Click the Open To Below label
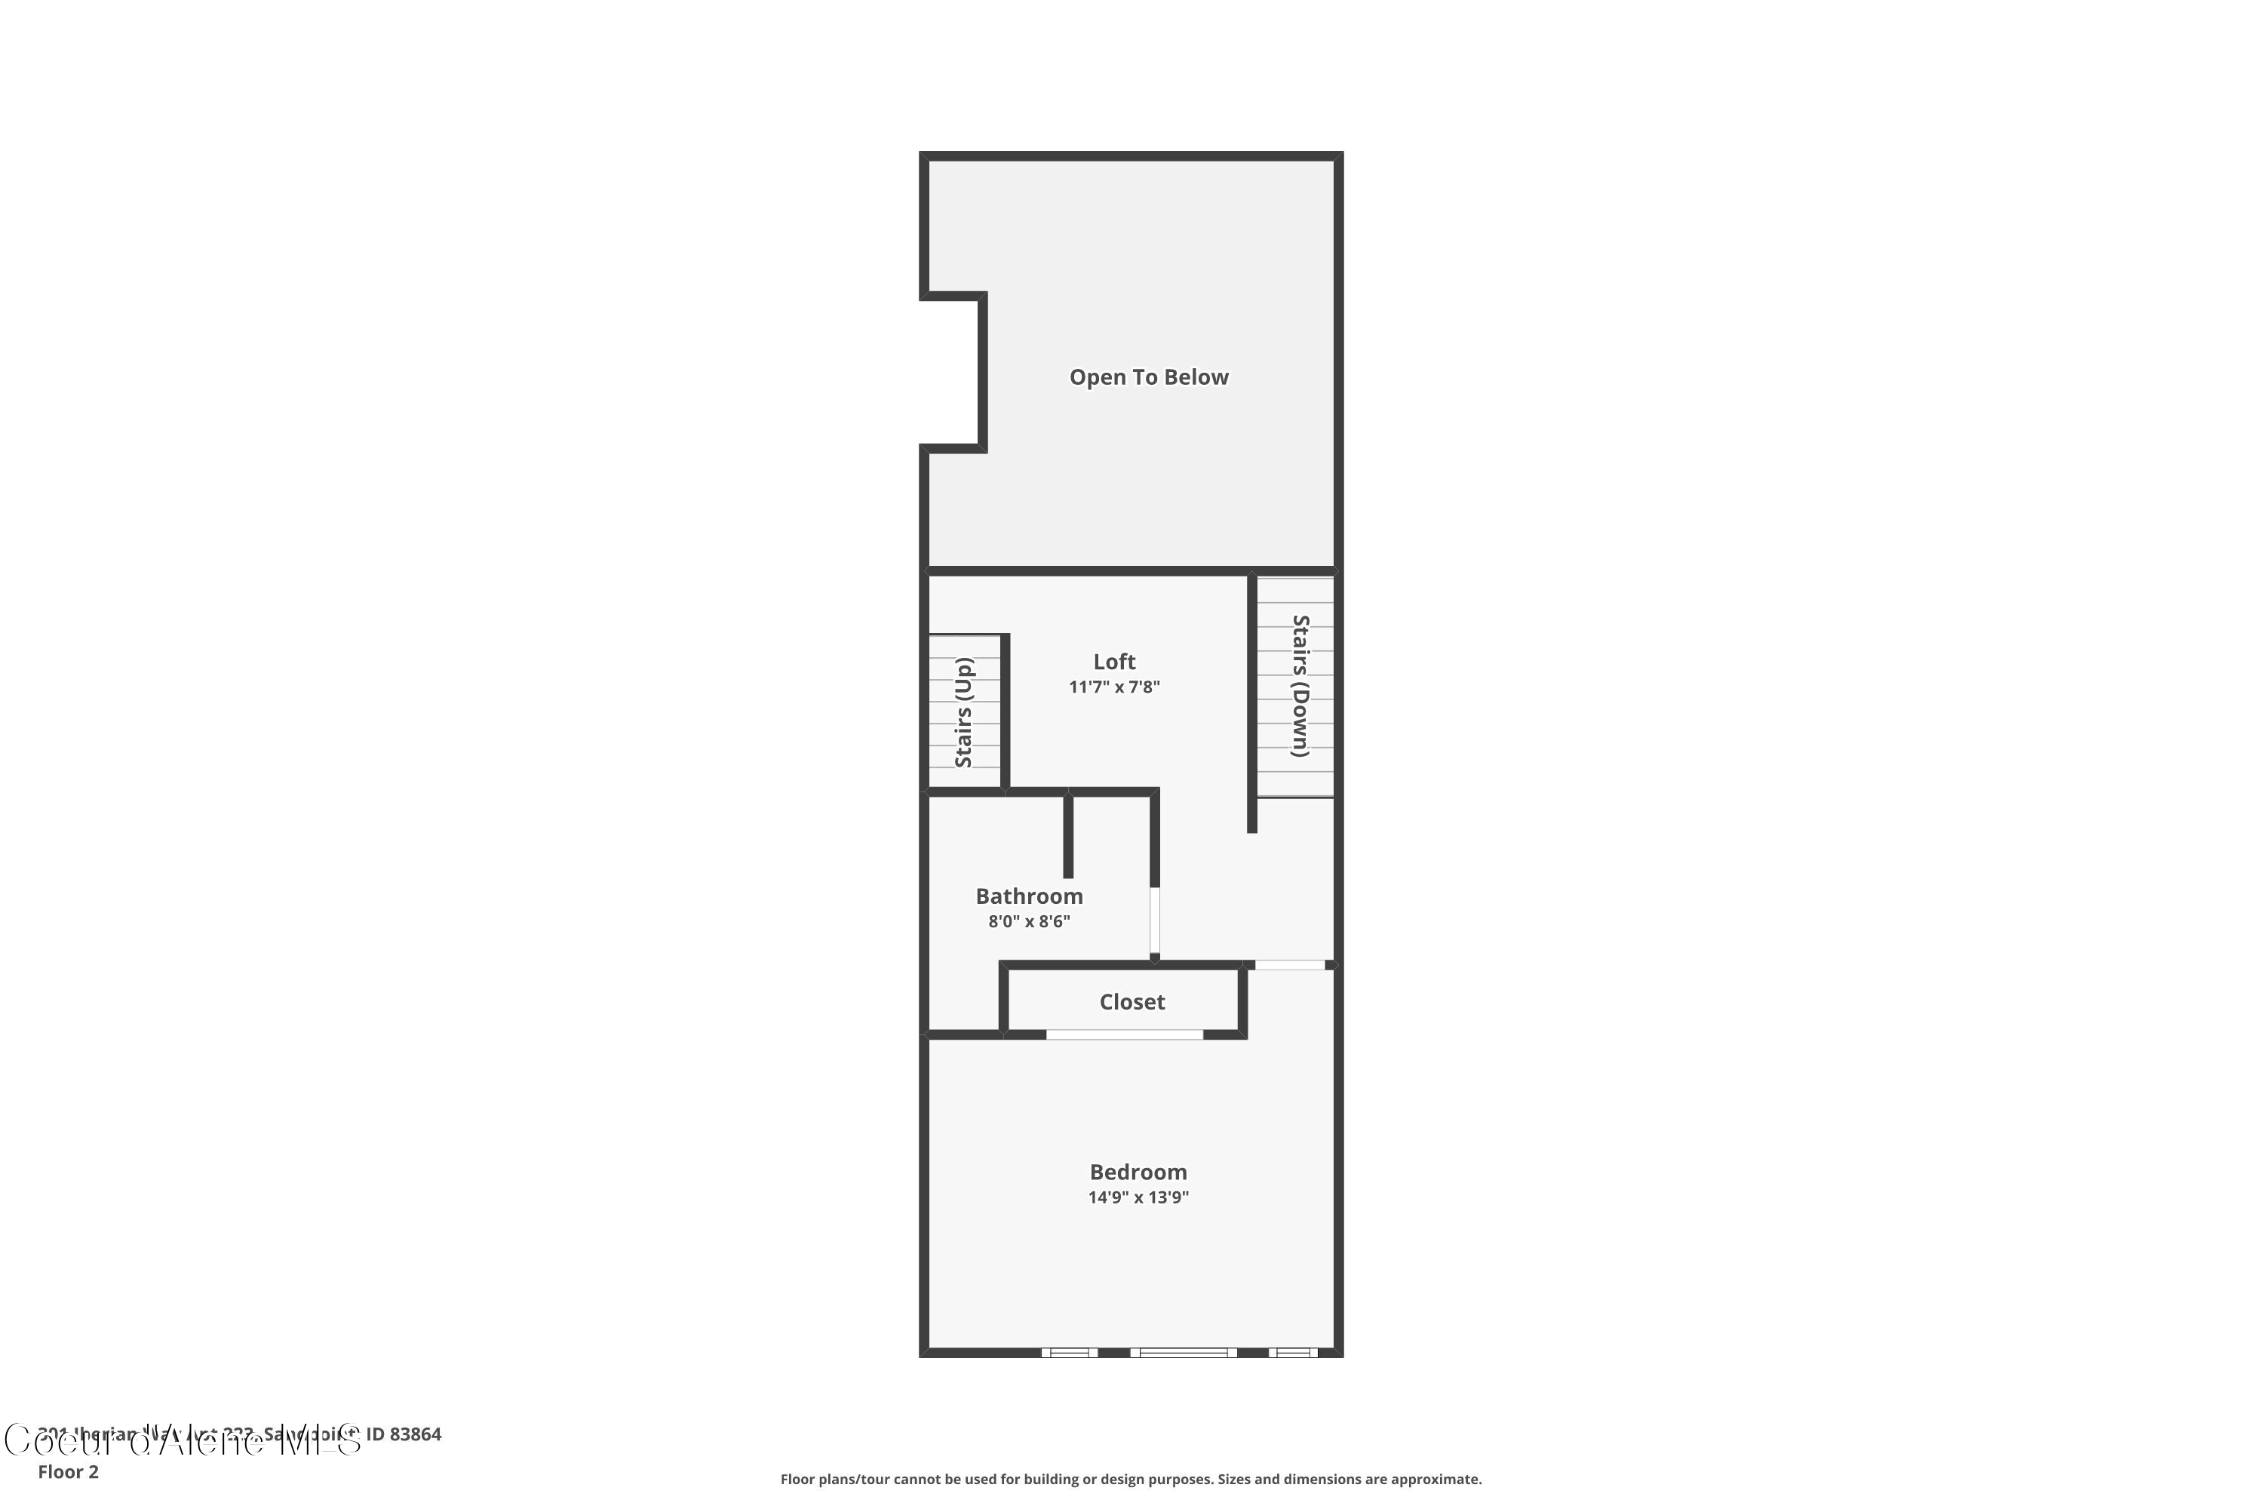coord(1149,377)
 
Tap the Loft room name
coord(1114,662)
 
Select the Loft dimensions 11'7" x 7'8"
coord(1114,687)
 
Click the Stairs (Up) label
coord(964,712)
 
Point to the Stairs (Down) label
coord(1300,686)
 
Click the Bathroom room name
coord(1029,896)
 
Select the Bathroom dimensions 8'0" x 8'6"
coord(1029,922)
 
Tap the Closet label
coord(1131,1002)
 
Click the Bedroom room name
coord(1138,1172)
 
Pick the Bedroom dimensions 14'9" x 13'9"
coord(1138,1198)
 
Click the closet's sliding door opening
coord(1124,1034)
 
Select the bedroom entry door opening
coord(1289,964)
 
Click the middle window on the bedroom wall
coord(1184,1352)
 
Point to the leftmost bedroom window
coord(1069,1352)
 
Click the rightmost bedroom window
coord(1292,1352)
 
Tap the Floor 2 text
coord(69,1471)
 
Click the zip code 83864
coord(416,1434)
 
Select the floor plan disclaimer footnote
coord(1131,1479)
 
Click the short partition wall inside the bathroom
coord(1068,835)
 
